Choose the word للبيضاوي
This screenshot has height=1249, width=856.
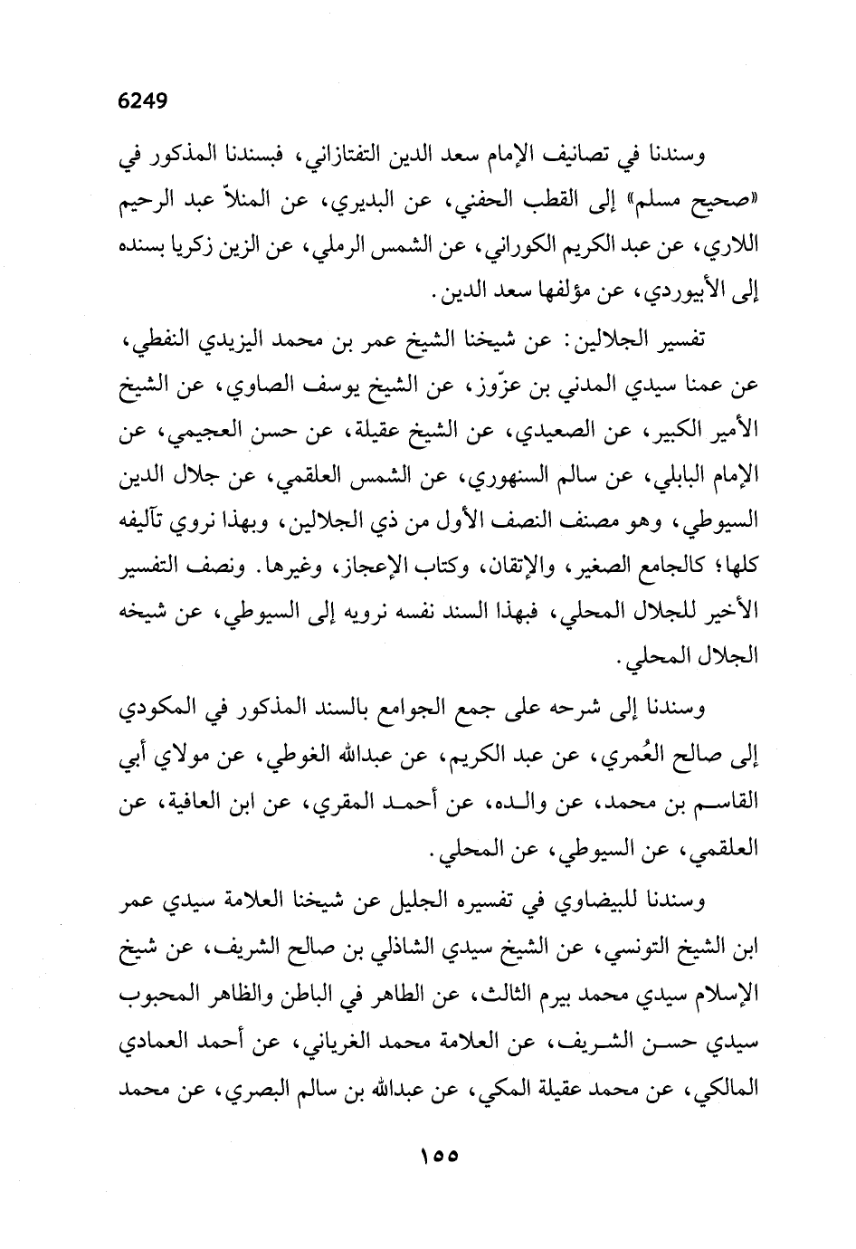[601, 901]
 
